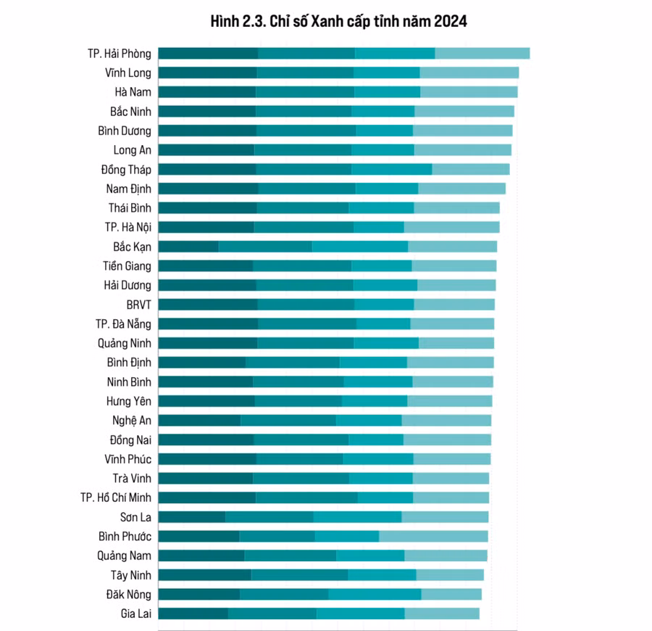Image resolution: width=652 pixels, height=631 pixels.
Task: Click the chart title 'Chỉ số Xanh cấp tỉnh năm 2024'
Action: (x=338, y=22)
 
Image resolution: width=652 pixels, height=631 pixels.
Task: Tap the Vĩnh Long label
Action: (x=128, y=73)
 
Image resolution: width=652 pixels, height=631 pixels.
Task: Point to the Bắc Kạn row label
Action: (x=132, y=247)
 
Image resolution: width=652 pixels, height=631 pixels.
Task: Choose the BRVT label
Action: (x=139, y=305)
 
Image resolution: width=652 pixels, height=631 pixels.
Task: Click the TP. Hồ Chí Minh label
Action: (x=116, y=498)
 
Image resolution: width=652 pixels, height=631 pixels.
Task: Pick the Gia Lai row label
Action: (x=136, y=614)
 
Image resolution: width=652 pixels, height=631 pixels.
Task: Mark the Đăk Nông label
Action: (x=129, y=595)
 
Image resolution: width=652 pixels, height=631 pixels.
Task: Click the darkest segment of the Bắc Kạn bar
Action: (x=188, y=247)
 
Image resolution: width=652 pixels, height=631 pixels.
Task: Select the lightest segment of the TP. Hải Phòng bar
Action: (x=482, y=53)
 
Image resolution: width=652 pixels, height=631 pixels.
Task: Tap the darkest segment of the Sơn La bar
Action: (x=191, y=517)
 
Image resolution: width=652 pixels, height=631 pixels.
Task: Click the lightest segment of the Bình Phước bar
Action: (x=433, y=536)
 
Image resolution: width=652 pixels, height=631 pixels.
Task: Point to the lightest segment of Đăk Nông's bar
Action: (x=451, y=594)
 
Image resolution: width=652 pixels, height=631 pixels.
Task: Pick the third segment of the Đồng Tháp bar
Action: (x=392, y=169)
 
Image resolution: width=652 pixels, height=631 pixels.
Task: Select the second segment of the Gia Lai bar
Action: (x=272, y=614)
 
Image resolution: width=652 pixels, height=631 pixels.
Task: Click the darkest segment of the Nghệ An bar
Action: (x=199, y=420)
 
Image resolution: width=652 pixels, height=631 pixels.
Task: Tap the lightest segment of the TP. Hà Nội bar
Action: (x=451, y=227)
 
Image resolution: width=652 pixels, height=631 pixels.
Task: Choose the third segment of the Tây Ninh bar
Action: (x=382, y=575)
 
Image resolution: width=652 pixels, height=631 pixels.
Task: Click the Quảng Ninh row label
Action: (x=125, y=343)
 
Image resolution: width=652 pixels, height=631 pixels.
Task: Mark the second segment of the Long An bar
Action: (x=303, y=150)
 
